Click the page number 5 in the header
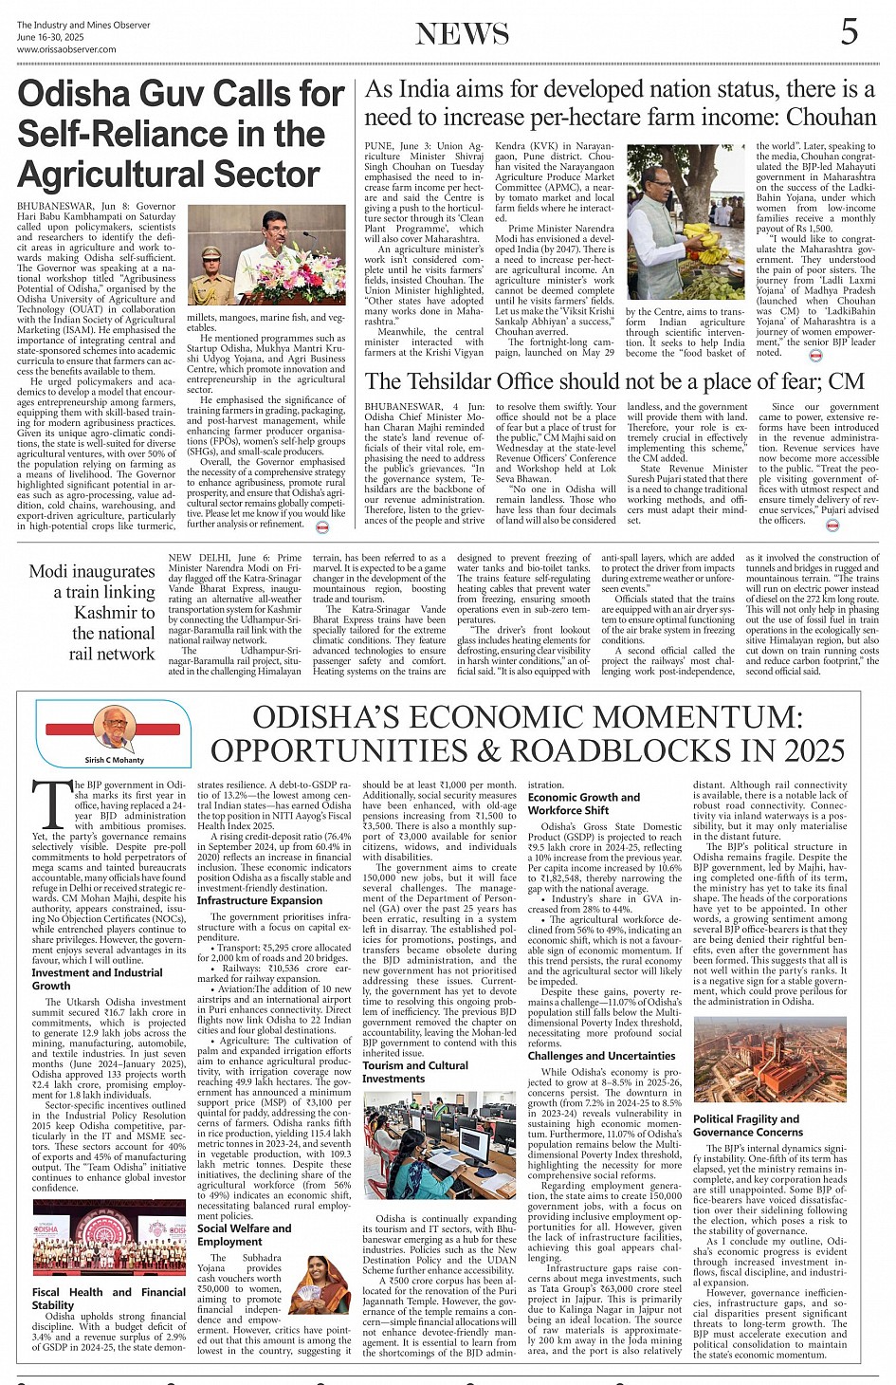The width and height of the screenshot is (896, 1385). coord(849,31)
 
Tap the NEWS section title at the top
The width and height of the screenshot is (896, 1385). coord(462,34)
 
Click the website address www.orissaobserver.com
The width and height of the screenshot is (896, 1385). coord(66,49)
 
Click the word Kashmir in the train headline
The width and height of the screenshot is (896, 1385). coord(115,612)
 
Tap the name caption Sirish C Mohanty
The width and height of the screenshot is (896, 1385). coord(115,760)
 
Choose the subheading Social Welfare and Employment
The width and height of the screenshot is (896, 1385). coord(245,1234)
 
